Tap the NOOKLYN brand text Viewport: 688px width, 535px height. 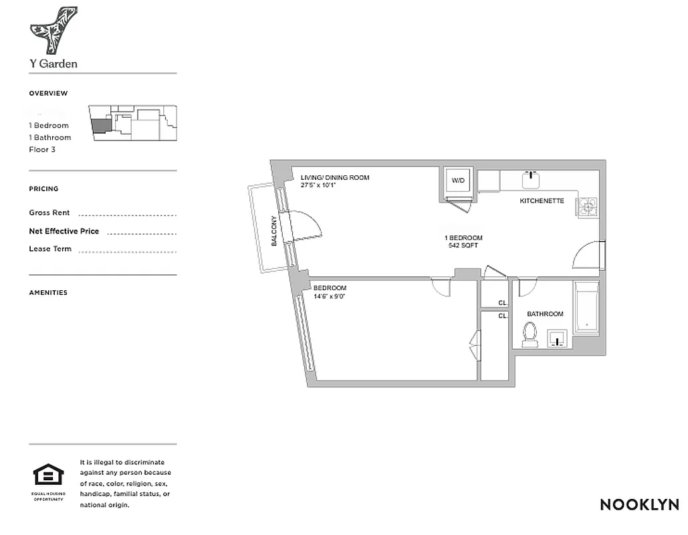tap(639, 505)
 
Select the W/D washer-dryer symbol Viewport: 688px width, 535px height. tap(458, 181)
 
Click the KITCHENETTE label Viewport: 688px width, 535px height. tap(542, 201)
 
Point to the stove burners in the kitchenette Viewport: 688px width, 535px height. tap(588, 207)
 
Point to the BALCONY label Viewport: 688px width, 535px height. tap(274, 231)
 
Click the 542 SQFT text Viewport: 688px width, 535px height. tap(463, 245)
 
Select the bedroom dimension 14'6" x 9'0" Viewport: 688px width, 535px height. tap(329, 296)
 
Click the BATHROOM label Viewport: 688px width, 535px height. tap(545, 314)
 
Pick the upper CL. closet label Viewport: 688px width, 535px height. tap(502, 303)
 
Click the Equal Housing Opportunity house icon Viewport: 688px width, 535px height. tap(48, 476)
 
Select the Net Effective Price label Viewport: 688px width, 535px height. tap(64, 231)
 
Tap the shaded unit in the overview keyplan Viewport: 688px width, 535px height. tap(100, 125)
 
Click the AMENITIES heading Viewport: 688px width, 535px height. tap(48, 292)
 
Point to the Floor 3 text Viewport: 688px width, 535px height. tap(41, 149)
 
